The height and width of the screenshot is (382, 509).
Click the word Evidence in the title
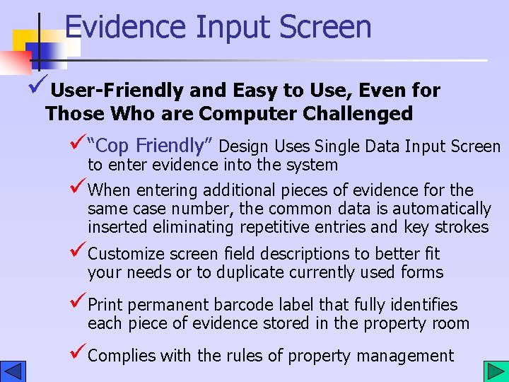coord(124,27)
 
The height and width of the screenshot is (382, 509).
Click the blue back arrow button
coord(13,371)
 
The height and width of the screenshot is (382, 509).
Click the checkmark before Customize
coord(78,253)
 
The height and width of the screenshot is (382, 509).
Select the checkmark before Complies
coord(78,354)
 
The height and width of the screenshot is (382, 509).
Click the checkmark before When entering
coord(78,189)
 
